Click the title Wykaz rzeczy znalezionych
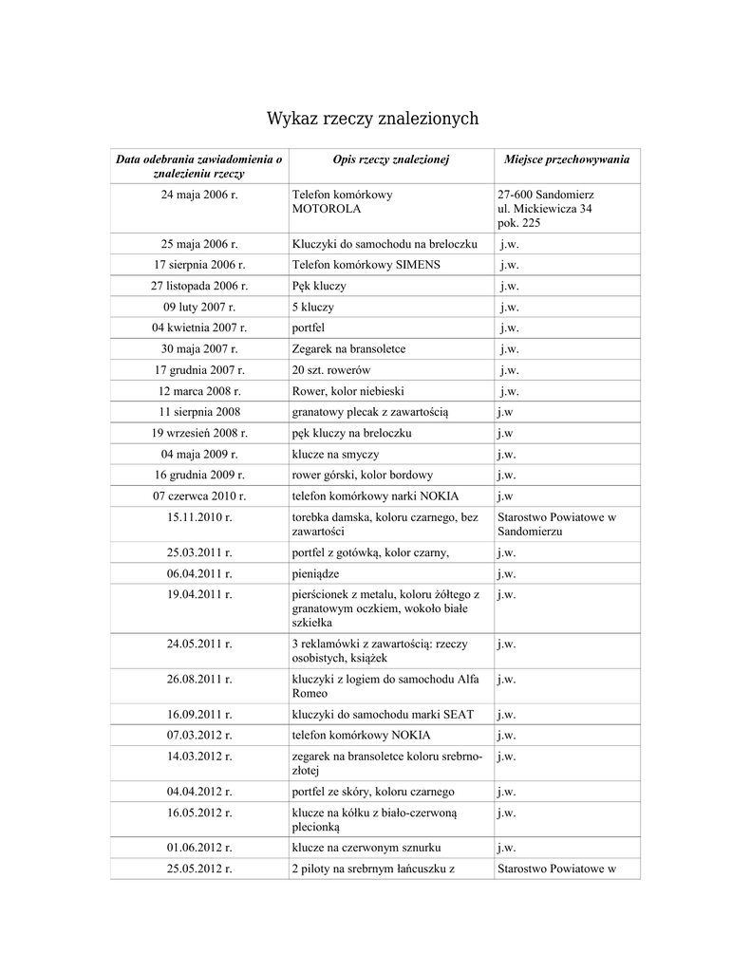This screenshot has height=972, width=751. point(372,119)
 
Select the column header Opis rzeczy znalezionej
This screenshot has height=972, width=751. point(390,159)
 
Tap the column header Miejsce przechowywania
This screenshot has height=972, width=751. point(566,159)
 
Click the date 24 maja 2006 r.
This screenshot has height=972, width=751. point(199,195)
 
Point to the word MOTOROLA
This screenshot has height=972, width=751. point(326,208)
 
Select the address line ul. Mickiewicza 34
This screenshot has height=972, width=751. point(545,208)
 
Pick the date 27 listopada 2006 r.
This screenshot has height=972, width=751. point(199,286)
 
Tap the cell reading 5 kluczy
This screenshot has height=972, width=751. point(312,308)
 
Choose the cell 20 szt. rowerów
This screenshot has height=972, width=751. point(330,370)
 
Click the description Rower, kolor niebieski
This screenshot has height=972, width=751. point(348,391)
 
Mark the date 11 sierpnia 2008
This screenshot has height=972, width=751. point(199,412)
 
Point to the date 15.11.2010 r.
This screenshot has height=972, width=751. point(199,517)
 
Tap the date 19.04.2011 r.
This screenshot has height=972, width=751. point(199,594)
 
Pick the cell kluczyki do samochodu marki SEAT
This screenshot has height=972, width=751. point(382,714)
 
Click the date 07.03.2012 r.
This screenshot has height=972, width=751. point(199,735)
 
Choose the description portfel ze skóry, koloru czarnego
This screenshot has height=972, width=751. point(372,791)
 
